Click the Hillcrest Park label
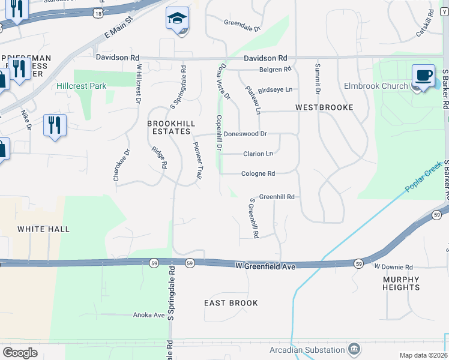pos(81,86)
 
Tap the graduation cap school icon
pos(177,19)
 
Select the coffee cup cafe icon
pos(423,76)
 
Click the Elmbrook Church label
pos(376,86)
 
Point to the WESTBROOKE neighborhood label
pos(324,107)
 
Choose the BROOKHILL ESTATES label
pos(169,127)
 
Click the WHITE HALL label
pos(43,229)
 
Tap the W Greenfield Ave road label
pos(265,266)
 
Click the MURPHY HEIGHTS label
pos(401,283)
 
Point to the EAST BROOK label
pos(231,303)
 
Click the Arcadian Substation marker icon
pos(354,349)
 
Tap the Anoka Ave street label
pos(149,315)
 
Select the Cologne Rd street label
pos(258,174)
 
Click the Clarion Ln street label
pos(258,154)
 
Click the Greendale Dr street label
pos(243,25)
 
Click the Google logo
pos(20,353)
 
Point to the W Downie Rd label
pos(394,267)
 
